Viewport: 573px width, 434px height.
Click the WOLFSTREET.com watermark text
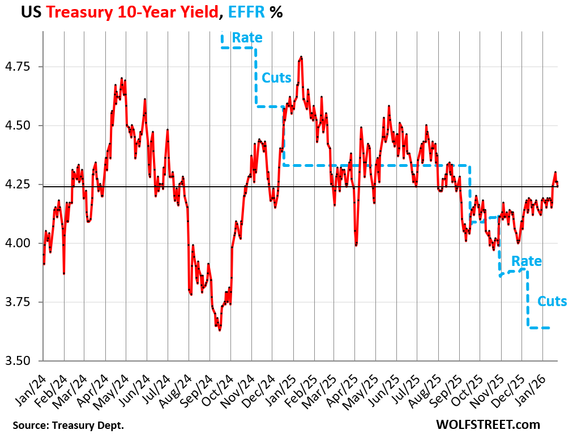(x=488, y=424)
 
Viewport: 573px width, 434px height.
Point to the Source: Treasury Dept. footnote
(x=68, y=424)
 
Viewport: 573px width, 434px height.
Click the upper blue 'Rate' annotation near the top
(x=247, y=38)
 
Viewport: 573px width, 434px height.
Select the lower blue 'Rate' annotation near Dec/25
(x=526, y=261)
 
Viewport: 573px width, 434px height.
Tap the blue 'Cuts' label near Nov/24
(x=276, y=78)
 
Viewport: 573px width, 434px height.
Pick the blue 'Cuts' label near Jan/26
(x=551, y=301)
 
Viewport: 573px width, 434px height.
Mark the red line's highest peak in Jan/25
(x=301, y=57)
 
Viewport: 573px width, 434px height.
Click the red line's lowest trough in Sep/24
(x=219, y=330)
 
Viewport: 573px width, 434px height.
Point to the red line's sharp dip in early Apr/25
(x=356, y=245)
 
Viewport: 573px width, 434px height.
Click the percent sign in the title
(x=276, y=12)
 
